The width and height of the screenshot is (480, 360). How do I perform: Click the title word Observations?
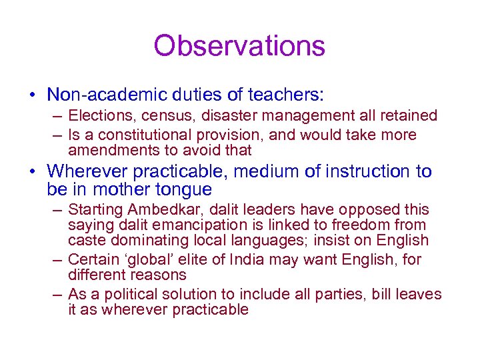[x=239, y=46]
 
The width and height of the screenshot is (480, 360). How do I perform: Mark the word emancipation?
[x=167, y=225]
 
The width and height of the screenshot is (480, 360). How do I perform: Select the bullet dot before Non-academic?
[x=33, y=96]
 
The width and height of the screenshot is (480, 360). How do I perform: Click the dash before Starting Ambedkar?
[x=58, y=210]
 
